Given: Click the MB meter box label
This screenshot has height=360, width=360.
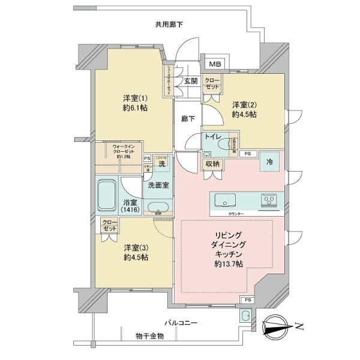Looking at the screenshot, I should [215, 64].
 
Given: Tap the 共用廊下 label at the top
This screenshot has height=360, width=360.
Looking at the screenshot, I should [169, 25].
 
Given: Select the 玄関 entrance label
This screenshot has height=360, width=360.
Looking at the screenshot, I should [191, 81].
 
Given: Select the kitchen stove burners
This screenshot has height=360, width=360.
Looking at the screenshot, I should [268, 200].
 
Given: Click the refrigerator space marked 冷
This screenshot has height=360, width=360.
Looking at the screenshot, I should [269, 162].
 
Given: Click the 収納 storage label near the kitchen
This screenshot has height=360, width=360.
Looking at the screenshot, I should [212, 163].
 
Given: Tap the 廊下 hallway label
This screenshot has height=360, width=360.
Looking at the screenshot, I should [188, 119].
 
